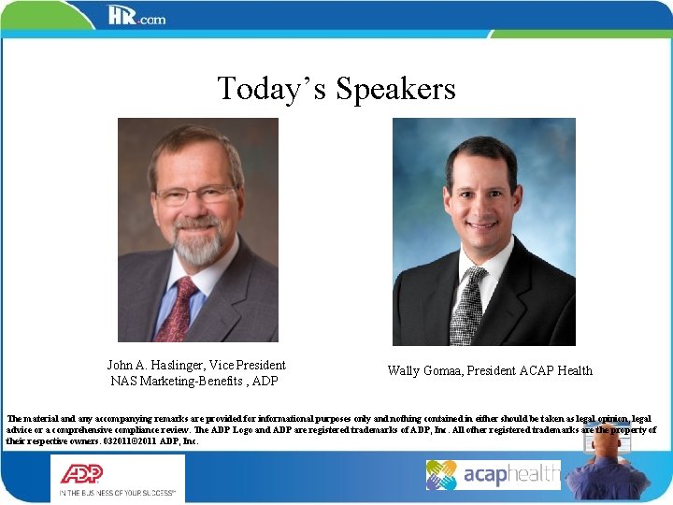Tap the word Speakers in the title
click(x=395, y=88)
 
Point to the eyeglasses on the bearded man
click(x=196, y=195)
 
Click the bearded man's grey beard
click(x=199, y=245)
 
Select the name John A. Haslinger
click(x=150, y=365)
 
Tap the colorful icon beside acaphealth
click(x=441, y=475)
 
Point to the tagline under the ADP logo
click(x=120, y=491)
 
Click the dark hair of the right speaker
click(x=482, y=150)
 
